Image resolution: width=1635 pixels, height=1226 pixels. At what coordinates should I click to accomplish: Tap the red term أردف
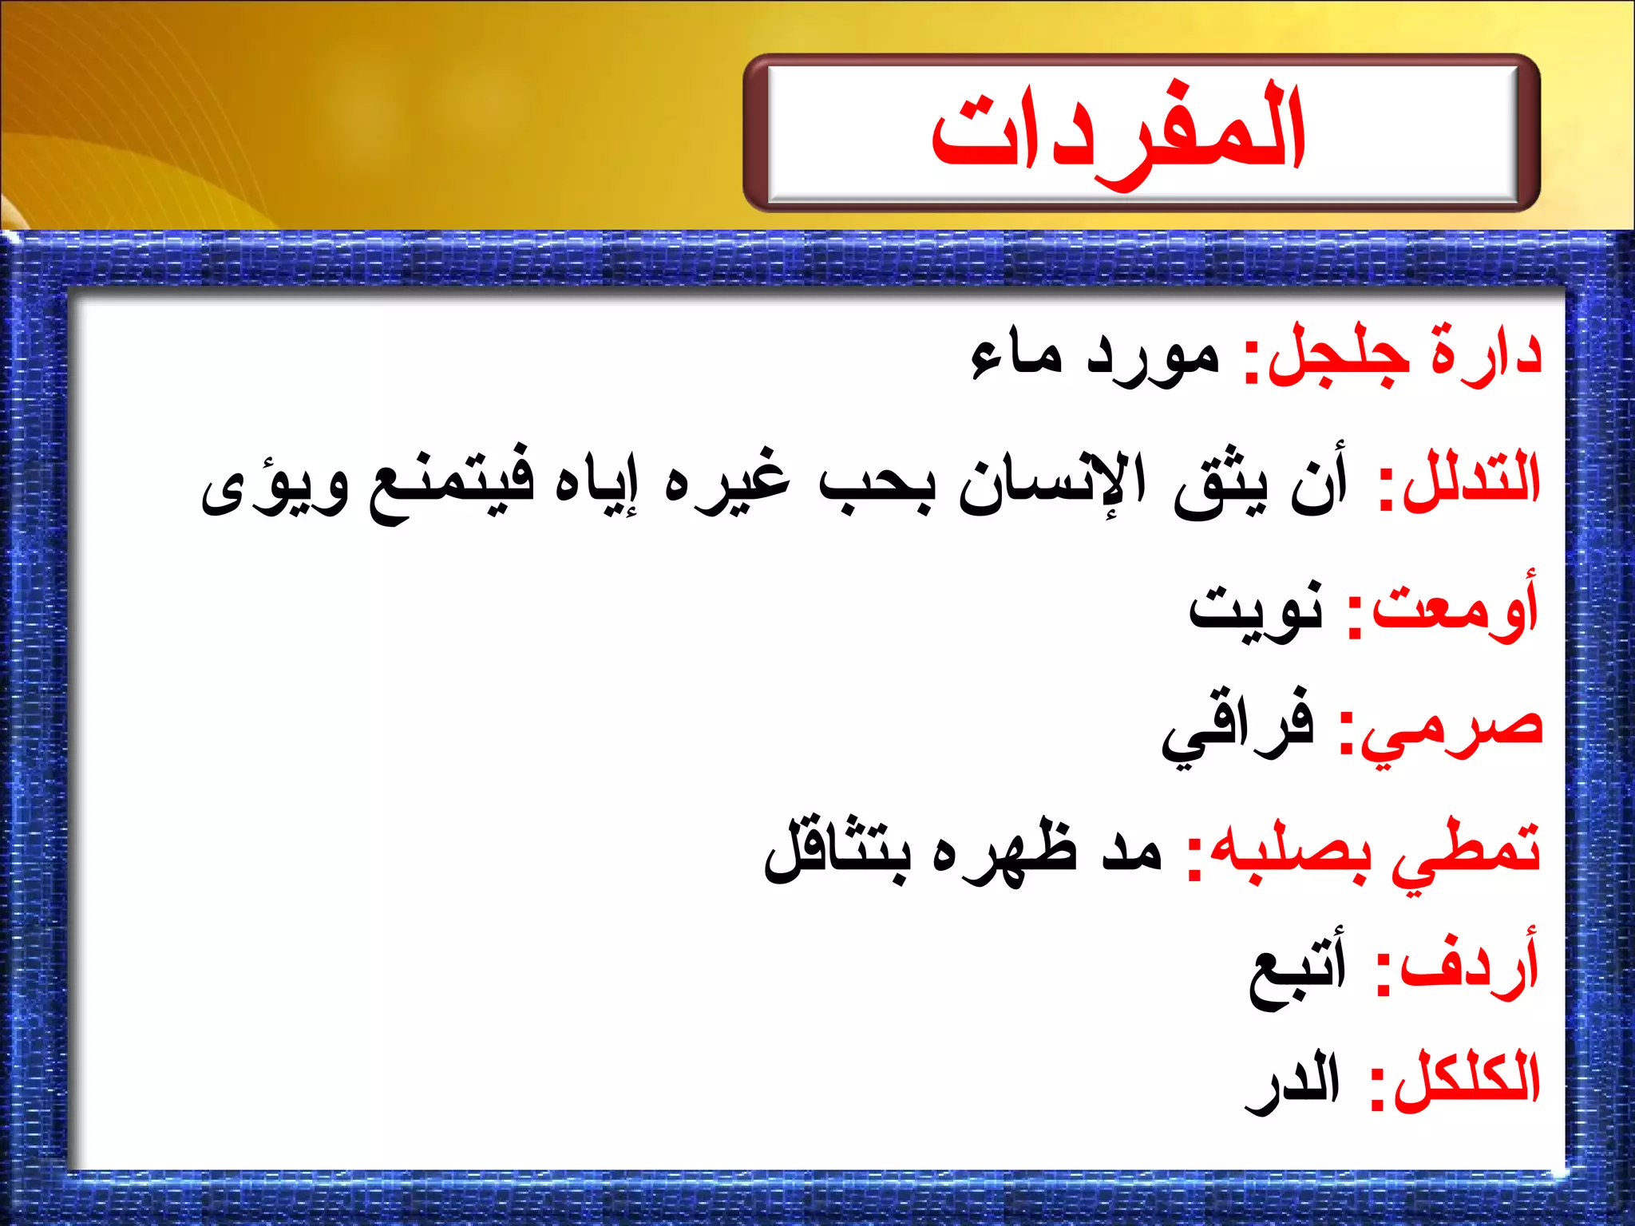point(1469,967)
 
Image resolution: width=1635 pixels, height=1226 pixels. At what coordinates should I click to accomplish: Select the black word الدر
point(1293,1082)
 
